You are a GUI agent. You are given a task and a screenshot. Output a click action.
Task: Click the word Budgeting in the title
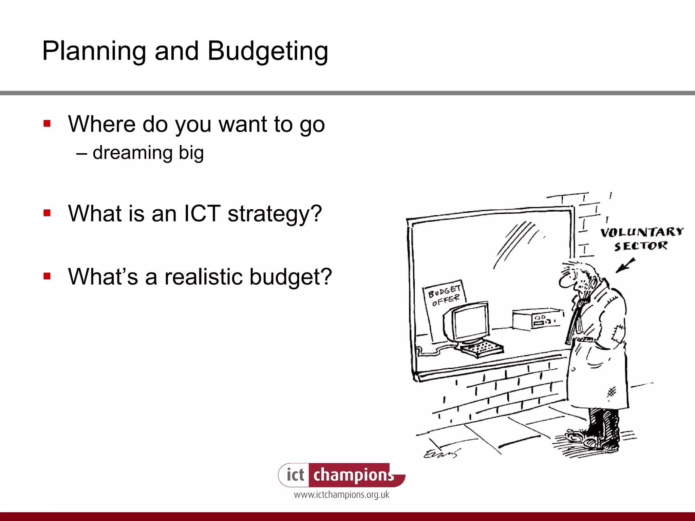(267, 52)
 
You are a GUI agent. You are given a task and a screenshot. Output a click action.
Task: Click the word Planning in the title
(94, 52)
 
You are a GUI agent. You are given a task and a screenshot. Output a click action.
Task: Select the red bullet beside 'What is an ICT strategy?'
(47, 213)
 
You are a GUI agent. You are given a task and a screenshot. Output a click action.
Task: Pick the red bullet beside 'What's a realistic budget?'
(47, 276)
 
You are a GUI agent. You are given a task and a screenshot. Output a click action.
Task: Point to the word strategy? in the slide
(275, 214)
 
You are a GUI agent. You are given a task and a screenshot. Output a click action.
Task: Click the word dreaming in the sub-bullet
(133, 153)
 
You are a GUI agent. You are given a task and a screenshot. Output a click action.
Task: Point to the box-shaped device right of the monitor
(536, 319)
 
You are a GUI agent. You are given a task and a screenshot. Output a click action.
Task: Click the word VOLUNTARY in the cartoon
(642, 232)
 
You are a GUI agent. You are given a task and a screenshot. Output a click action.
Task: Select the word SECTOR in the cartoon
(641, 246)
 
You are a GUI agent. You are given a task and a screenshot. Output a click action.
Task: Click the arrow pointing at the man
(625, 265)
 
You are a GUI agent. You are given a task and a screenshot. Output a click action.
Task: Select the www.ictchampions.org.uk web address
(341, 495)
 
